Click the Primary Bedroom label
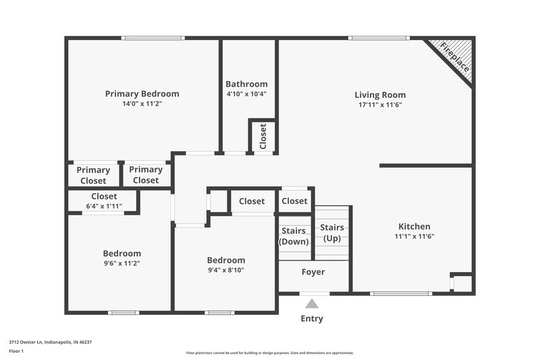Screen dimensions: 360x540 (142, 94)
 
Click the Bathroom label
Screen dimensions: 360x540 (246, 84)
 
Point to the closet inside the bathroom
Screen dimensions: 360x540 (263, 136)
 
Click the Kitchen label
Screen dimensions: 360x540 (414, 226)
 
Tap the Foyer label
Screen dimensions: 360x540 (313, 272)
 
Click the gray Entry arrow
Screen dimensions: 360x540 (311, 304)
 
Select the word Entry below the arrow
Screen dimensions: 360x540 (311, 319)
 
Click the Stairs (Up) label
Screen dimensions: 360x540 (332, 233)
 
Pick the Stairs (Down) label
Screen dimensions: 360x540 (294, 236)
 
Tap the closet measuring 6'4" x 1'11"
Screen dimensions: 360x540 (103, 201)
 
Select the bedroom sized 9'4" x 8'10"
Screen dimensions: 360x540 (225, 265)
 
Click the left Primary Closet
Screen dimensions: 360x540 (93, 175)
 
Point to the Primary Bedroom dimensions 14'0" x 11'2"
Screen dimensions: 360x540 (142, 105)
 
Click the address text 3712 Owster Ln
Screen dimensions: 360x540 (50, 342)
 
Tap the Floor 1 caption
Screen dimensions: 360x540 (16, 352)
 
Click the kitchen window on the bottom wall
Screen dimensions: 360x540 (401, 293)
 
